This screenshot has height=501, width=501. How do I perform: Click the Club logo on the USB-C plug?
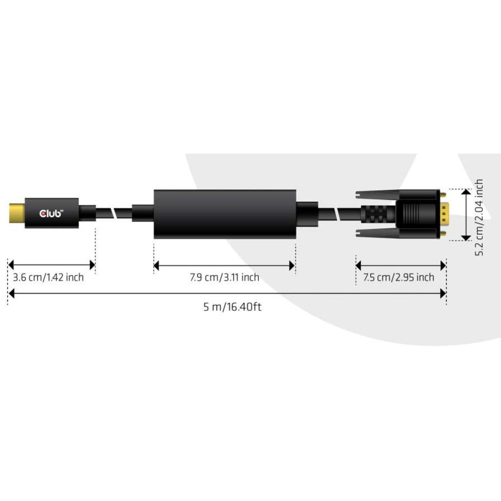pyautogui.click(x=52, y=212)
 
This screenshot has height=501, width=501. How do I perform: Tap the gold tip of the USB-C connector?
pyautogui.click(x=16, y=212)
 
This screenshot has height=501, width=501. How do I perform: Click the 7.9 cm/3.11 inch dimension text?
pyautogui.click(x=224, y=277)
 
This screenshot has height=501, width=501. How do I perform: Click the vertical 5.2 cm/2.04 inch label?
pyautogui.click(x=479, y=217)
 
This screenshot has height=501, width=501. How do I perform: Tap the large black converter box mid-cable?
pyautogui.click(x=224, y=214)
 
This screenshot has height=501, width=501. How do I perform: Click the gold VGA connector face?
pyautogui.click(x=444, y=214)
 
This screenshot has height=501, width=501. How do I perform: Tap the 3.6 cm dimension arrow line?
pyautogui.click(x=51, y=265)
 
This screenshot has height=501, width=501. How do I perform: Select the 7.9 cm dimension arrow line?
pyautogui.click(x=224, y=266)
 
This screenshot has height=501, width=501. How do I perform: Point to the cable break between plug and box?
pyautogui.click(x=114, y=213)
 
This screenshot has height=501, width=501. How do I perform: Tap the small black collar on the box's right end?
pyautogui.click(x=306, y=214)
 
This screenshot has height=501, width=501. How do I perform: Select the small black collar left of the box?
pyautogui.click(x=143, y=213)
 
